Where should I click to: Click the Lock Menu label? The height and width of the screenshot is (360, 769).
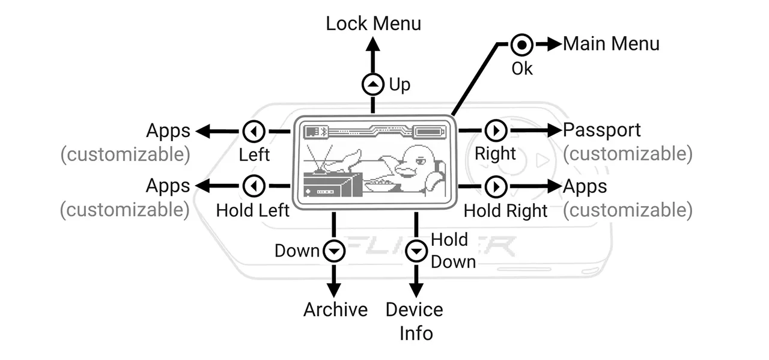[x=373, y=23]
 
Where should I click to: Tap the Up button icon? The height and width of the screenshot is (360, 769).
[x=372, y=85]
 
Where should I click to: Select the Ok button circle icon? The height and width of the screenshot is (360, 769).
[x=521, y=44]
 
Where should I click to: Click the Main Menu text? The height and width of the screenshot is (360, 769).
[x=610, y=44]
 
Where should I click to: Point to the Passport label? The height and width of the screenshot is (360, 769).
[x=601, y=130]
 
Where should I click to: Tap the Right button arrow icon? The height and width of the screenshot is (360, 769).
[x=496, y=130]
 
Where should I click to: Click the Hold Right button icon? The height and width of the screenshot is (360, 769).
[x=496, y=187]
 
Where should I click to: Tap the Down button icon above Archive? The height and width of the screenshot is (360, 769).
[x=334, y=251]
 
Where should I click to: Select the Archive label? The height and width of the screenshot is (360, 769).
[x=335, y=310]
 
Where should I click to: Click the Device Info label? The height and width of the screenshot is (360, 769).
[x=415, y=321]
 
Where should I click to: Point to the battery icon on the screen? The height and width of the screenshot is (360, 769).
[x=430, y=130]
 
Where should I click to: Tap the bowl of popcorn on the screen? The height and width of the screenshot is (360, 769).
[x=380, y=183]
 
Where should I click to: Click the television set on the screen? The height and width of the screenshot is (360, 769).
[x=332, y=184]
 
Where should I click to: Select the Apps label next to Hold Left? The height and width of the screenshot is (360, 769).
[x=168, y=186]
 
